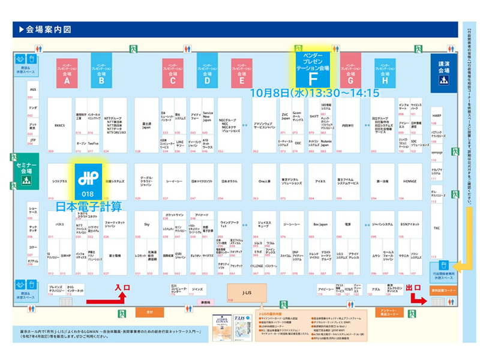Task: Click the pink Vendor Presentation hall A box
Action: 67,71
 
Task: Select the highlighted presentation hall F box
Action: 312,69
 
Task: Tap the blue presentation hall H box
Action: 385,71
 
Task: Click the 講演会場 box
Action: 443,71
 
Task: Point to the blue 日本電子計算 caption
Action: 88,207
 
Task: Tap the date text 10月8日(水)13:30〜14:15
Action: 315,94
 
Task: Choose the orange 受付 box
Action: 149,312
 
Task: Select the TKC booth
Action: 437,228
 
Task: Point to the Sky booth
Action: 146,224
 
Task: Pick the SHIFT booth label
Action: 314,116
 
